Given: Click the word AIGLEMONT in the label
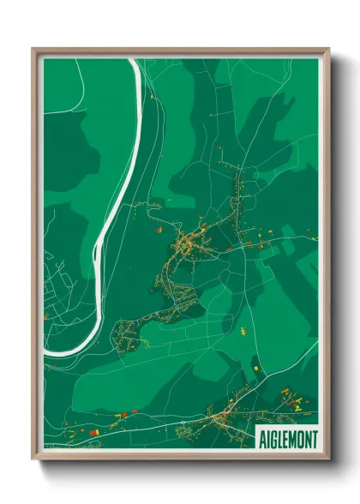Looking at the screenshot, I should (287, 438).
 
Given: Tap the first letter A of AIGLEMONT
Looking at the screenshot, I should (261, 438).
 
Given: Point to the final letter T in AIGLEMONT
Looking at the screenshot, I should (313, 438).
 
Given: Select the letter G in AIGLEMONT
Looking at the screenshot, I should (273, 438).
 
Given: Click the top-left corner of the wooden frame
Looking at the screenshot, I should (33, 49).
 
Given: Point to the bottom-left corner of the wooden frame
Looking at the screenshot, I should (33, 459).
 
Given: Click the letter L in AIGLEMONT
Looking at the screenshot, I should (279, 438).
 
